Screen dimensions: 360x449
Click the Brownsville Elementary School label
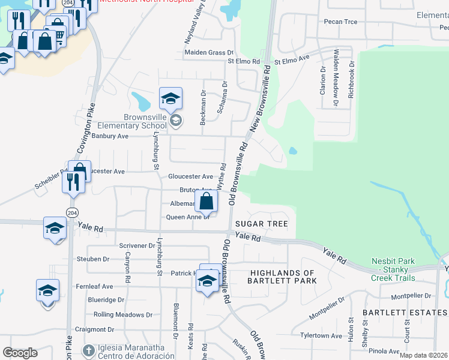[x=137, y=121]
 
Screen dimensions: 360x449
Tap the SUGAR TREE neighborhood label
[x=261, y=224]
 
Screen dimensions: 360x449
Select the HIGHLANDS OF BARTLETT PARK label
[x=283, y=277]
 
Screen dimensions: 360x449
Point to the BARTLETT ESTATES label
[x=405, y=313]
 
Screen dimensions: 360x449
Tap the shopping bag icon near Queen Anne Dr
[x=206, y=201]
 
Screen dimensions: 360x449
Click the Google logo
[x=20, y=353]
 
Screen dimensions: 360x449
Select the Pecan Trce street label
[x=340, y=22]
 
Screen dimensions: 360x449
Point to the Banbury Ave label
[x=109, y=136]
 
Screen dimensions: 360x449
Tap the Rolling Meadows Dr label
[x=123, y=314]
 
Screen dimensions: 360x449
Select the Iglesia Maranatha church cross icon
[x=88, y=349]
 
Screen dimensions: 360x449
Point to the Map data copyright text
[x=423, y=355]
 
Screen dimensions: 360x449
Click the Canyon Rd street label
[x=127, y=268]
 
